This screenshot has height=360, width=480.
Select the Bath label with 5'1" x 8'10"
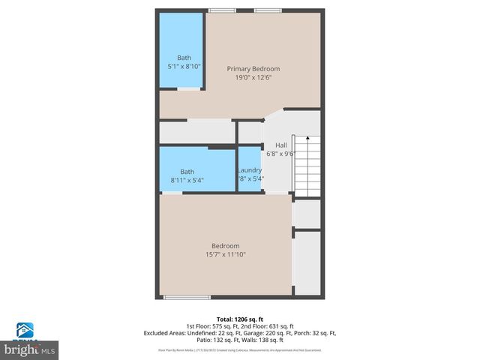pos(184,58)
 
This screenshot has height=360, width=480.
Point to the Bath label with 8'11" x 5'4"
pos(187,172)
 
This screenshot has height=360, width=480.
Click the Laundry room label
pos(249,170)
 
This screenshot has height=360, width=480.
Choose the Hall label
pos(281,145)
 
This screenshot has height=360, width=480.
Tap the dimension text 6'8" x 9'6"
pos(281,154)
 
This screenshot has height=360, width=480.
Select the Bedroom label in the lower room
pos(225,246)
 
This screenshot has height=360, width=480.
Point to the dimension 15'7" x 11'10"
pos(225,255)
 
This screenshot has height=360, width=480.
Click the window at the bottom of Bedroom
pos(187,298)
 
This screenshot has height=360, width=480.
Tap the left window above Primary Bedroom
pos(221,10)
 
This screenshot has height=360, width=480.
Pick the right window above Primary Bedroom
pos(267,10)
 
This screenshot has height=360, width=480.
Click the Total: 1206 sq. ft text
pos(240,319)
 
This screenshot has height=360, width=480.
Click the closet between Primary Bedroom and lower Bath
pos(196,131)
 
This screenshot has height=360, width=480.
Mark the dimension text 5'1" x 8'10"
pos(184,67)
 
